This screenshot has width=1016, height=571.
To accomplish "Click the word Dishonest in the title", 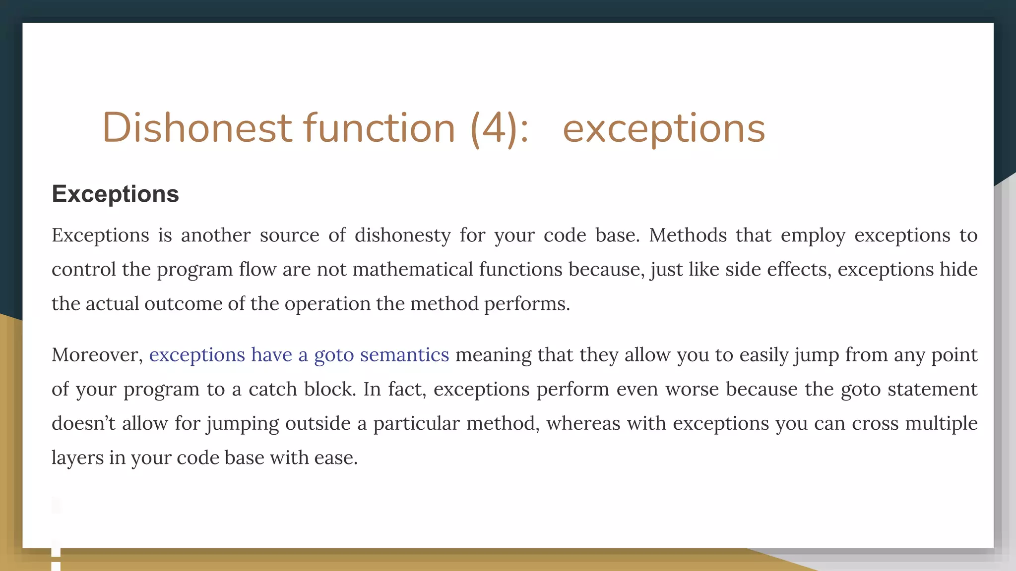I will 196,128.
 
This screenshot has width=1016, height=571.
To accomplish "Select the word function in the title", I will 379,128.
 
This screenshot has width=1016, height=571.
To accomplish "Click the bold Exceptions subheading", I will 115,194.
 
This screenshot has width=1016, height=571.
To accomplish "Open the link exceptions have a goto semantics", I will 299,355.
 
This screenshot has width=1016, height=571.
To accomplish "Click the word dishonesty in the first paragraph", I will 402,235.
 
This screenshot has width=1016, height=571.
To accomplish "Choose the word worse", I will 692,389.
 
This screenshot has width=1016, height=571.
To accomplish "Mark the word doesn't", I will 83,423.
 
